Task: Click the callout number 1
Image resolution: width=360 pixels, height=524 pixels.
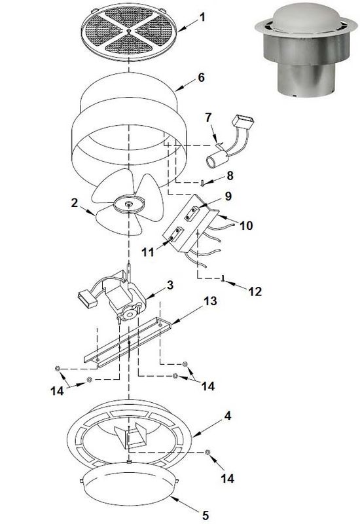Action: [202, 16]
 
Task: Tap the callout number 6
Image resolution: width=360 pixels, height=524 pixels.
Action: [201, 77]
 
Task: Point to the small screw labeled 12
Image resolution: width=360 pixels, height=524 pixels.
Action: [224, 278]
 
